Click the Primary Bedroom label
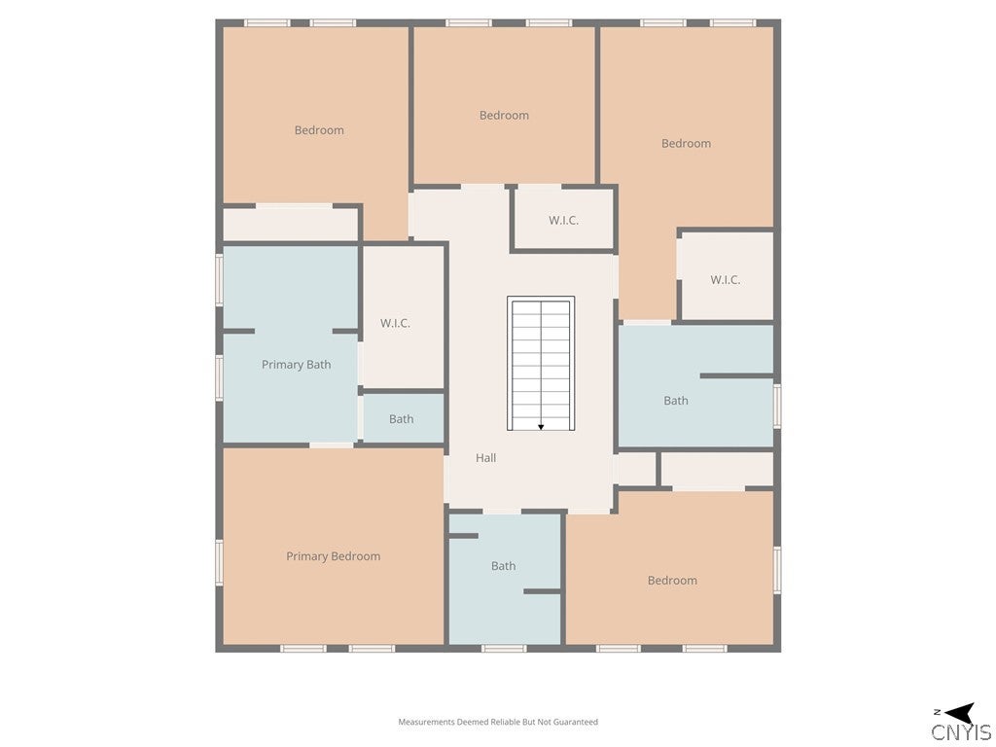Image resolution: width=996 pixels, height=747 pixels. coord(333,556)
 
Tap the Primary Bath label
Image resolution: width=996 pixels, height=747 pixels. coord(296,365)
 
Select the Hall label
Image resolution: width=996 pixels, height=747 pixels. coord(486,457)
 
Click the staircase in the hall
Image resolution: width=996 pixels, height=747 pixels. coord(541,364)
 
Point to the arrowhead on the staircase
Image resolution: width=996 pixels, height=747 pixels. coord(541,428)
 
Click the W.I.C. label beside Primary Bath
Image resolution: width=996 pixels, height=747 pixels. coord(395,323)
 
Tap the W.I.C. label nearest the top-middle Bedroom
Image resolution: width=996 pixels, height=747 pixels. coord(563,221)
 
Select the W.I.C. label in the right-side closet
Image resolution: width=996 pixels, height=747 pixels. coord(725,279)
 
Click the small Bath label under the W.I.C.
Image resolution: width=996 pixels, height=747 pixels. coord(401,418)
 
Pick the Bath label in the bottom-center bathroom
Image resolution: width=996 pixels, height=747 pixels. coord(503,565)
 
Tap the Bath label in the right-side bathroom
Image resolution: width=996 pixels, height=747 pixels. coord(676,400)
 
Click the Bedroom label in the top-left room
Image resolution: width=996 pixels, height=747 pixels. coord(319,130)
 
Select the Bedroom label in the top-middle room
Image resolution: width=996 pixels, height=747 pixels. coord(504,115)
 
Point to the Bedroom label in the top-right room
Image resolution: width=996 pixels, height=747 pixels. coord(686,144)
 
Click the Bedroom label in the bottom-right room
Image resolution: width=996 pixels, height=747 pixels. coord(672,580)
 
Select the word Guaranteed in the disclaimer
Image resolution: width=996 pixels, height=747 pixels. coord(576,722)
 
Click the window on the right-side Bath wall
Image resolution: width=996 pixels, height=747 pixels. coord(777,406)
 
